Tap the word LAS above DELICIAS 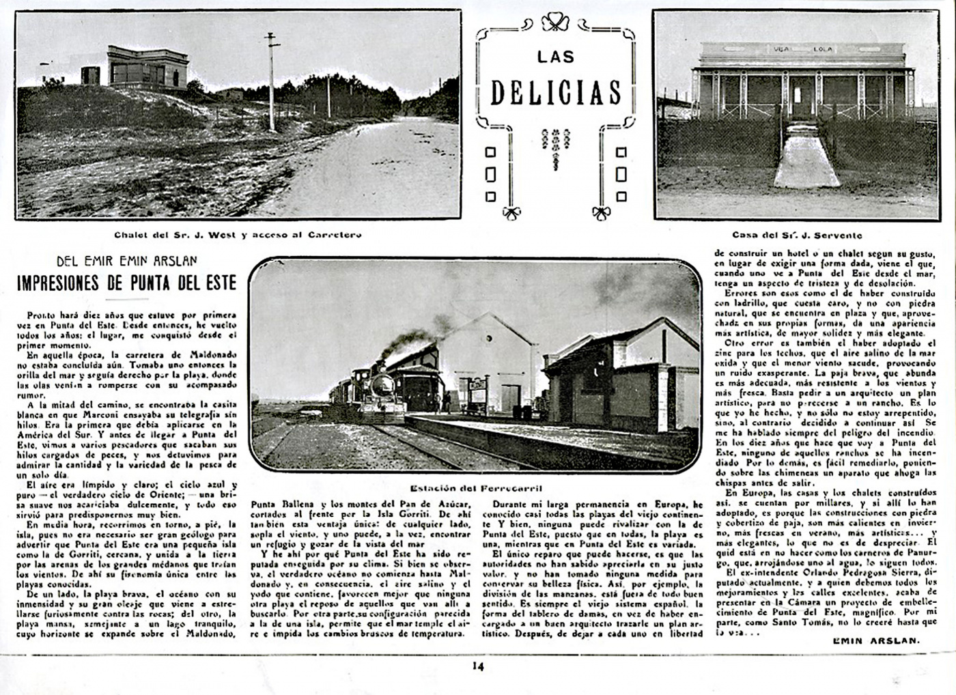point(555,57)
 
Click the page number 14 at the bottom point(477,667)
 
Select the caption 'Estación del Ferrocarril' point(473,487)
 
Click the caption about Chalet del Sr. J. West point(238,234)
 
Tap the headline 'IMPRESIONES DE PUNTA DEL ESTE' point(127,283)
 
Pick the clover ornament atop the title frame point(557,22)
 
